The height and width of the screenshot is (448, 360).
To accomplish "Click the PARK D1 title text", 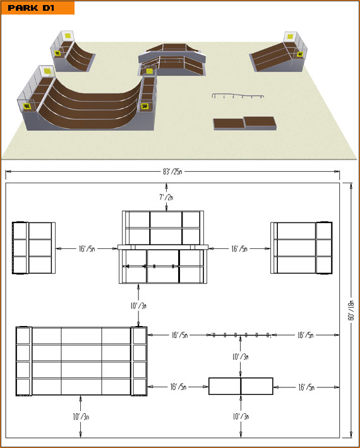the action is point(31,8).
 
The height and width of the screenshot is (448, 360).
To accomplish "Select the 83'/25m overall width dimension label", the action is point(172,171).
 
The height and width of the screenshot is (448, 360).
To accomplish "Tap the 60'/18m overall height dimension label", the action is point(351,310).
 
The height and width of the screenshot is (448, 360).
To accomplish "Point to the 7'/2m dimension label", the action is point(166,197).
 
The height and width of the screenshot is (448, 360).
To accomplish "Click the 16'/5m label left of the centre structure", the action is point(87,248).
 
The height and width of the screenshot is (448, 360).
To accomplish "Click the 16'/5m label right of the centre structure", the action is point(239,248).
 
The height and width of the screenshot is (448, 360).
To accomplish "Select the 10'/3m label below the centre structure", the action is point(138,306).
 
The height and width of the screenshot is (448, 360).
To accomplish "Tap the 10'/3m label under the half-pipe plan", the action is point(81,416).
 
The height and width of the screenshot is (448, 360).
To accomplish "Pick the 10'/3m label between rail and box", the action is point(241,356).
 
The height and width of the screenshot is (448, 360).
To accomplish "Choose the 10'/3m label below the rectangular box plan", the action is point(241,416).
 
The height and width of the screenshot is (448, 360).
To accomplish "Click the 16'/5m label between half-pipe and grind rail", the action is point(179,335).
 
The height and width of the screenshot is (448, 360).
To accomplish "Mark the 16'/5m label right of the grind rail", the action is point(306,335).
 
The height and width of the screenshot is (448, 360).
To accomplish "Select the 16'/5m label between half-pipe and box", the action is point(179,387).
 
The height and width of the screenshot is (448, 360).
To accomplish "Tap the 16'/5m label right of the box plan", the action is point(306,387).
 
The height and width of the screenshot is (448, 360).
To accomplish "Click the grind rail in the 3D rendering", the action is point(238,95).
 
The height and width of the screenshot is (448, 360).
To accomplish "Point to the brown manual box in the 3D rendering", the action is point(245,123).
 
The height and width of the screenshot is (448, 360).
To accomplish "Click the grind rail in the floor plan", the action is point(241,335).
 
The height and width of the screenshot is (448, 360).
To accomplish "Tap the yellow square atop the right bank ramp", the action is point(290,36).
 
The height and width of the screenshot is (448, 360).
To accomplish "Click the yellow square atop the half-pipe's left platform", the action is point(47,71).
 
